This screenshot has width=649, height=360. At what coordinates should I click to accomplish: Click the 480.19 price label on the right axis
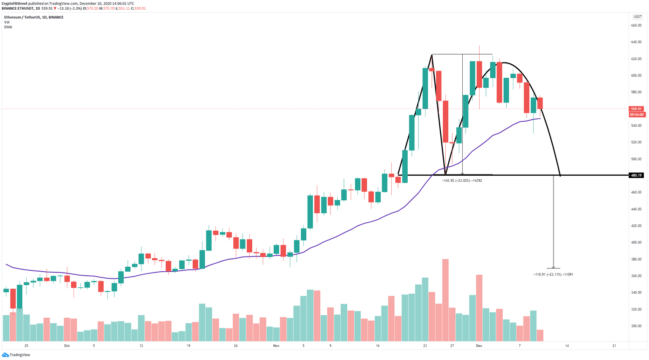(x=636, y=175)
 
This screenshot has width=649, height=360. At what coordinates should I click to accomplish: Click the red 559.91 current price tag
(x=636, y=109)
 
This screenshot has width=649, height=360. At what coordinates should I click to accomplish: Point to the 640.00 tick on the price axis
(x=636, y=42)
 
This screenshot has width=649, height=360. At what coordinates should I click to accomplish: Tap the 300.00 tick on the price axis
(x=636, y=326)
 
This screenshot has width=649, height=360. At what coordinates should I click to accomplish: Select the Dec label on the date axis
(x=479, y=346)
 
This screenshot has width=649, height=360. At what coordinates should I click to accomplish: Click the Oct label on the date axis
(x=67, y=346)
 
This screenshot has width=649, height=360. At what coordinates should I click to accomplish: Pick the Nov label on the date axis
(x=276, y=346)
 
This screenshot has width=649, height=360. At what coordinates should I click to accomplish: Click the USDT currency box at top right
(x=637, y=17)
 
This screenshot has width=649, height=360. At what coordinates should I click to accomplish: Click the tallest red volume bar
(x=445, y=300)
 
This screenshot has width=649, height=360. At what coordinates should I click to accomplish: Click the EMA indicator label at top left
(x=8, y=27)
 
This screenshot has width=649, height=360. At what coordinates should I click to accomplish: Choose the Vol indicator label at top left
(x=7, y=22)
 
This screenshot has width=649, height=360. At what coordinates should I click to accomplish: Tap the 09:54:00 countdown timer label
(x=636, y=115)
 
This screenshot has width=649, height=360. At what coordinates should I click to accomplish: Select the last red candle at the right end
(x=540, y=103)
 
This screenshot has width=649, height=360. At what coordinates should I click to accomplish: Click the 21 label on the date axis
(x=614, y=346)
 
